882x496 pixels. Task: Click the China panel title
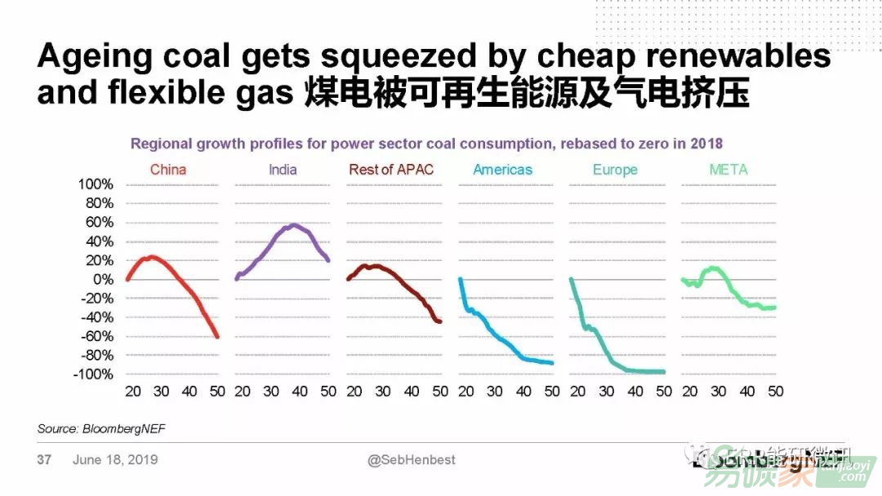coord(168,170)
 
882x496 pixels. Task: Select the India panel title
coord(283,170)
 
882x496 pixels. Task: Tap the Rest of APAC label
coord(391,170)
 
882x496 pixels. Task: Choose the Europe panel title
coord(615,170)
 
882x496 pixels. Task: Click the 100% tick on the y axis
coord(95,184)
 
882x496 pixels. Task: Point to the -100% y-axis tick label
coord(92,374)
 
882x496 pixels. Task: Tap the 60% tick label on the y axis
coord(98,222)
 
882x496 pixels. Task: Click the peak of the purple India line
coord(294,224)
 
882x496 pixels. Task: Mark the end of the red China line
coord(217,336)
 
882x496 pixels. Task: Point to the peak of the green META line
coord(715,268)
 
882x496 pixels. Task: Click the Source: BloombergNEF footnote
coord(95,428)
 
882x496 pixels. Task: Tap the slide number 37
coord(44,460)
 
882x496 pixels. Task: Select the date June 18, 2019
coord(114,460)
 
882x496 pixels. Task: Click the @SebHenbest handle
coord(411,460)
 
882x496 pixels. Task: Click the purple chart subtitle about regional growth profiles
coord(426,144)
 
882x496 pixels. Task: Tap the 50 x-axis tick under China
coord(217,392)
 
